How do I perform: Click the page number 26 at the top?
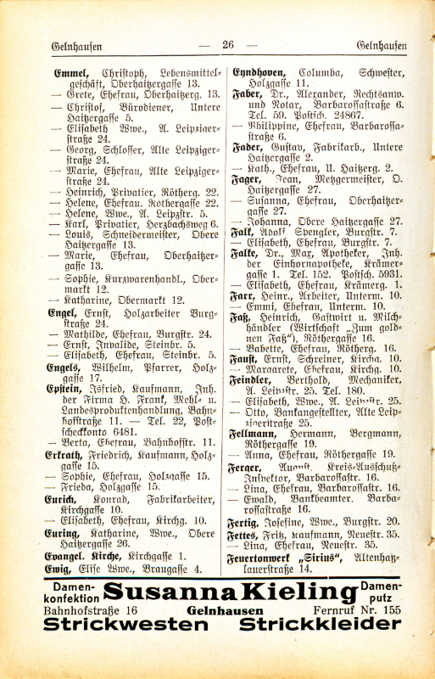click(228, 45)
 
